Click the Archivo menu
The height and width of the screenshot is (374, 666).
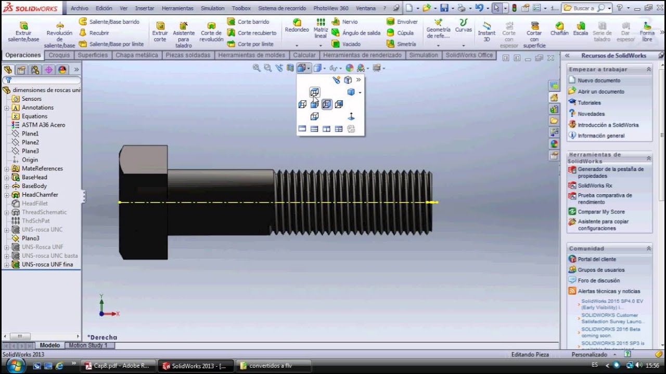tap(79, 8)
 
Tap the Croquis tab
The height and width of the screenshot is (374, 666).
tap(59, 55)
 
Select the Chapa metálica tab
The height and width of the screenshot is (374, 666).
tap(136, 55)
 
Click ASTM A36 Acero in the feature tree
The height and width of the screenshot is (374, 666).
tap(43, 125)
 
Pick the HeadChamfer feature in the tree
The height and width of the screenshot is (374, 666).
tap(40, 195)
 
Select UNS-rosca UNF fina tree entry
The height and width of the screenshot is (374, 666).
tap(47, 264)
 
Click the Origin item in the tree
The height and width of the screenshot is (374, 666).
tap(30, 160)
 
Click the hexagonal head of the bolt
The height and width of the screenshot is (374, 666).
tap(143, 203)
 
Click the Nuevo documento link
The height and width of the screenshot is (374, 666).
tap(599, 81)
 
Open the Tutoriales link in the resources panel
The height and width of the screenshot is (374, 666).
tap(589, 103)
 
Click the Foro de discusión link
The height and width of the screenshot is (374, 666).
tap(598, 280)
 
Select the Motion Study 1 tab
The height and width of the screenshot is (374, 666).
tap(88, 345)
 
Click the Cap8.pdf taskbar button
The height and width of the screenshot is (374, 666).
tap(118, 366)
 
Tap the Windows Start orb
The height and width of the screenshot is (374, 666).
tap(14, 365)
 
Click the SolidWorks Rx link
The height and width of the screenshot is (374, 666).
tap(595, 185)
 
